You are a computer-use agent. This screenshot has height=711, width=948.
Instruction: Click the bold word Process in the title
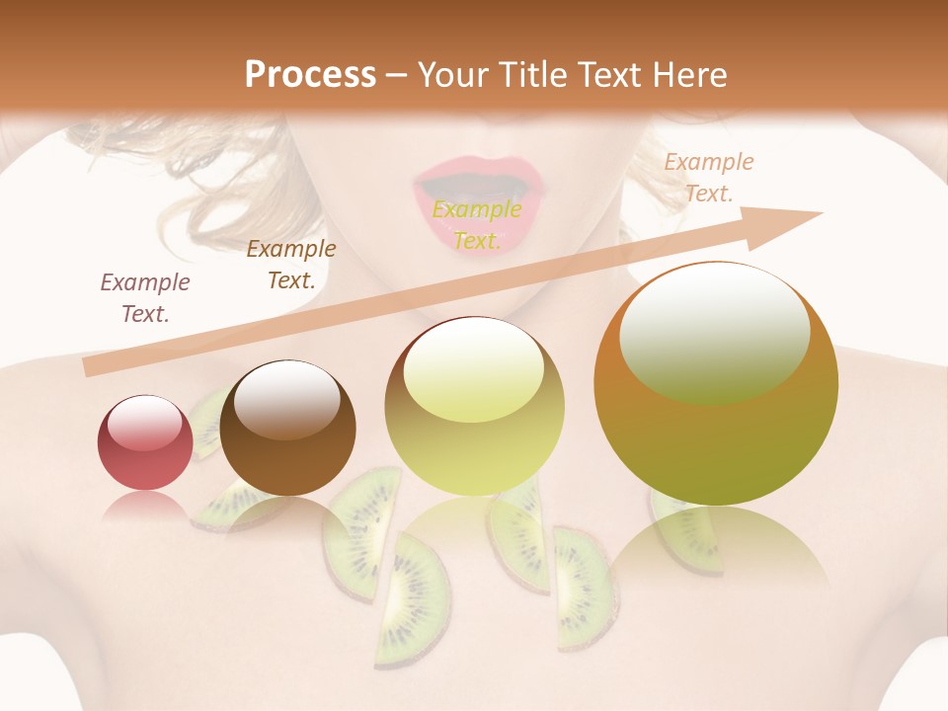point(310,75)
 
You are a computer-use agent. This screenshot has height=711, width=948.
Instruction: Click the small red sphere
point(145,443)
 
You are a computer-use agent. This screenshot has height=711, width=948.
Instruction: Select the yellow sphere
point(475,407)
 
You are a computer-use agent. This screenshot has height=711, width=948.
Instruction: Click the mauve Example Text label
point(145,298)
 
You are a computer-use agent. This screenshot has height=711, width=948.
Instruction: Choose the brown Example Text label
point(291,265)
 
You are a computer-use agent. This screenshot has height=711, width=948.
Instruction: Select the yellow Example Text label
point(477,225)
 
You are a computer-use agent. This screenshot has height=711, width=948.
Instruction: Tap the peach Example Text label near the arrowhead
point(708,178)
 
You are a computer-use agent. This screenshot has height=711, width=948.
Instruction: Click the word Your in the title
point(453,75)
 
